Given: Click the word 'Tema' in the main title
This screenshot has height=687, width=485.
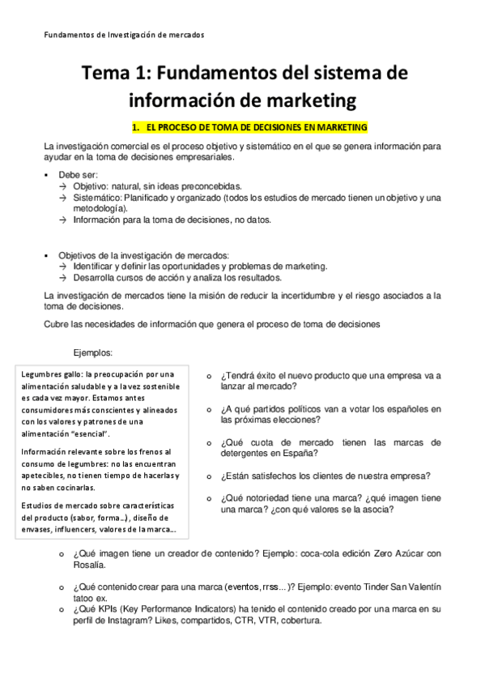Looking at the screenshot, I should tap(104, 75).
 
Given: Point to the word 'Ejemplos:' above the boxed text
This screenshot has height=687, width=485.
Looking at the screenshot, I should tap(93, 352).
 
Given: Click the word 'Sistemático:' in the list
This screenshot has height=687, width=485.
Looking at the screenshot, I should tap(97, 197).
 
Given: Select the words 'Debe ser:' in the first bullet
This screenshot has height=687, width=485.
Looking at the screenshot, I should tap(79, 174).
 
